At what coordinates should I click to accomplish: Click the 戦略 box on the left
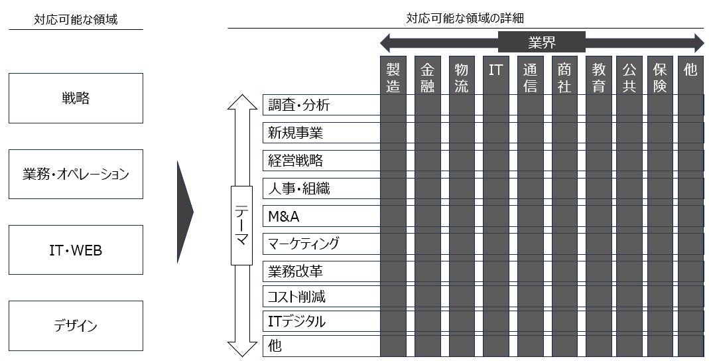pos(76,98)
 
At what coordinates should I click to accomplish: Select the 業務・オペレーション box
pos(76,174)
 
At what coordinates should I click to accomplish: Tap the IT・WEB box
pos(76,250)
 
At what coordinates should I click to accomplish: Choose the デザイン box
pos(76,326)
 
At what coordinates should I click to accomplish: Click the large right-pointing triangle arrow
pos(184,212)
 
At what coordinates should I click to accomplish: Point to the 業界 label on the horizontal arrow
pos(542,43)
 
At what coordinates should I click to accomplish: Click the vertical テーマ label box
pos(241,226)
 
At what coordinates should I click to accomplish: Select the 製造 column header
pos(393,77)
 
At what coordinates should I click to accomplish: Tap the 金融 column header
pos(427,77)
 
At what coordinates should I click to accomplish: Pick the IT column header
pos(495,70)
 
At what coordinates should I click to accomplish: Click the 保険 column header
pos(660,77)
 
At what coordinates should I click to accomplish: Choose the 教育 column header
pos(598,77)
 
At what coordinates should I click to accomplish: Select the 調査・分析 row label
pos(298,105)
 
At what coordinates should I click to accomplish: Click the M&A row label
pos(284,216)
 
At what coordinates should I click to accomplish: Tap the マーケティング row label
pos(303,244)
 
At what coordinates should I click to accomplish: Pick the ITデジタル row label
pos(296,322)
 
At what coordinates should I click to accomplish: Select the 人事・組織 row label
pos(298,188)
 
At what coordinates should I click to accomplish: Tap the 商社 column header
pos(564,77)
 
